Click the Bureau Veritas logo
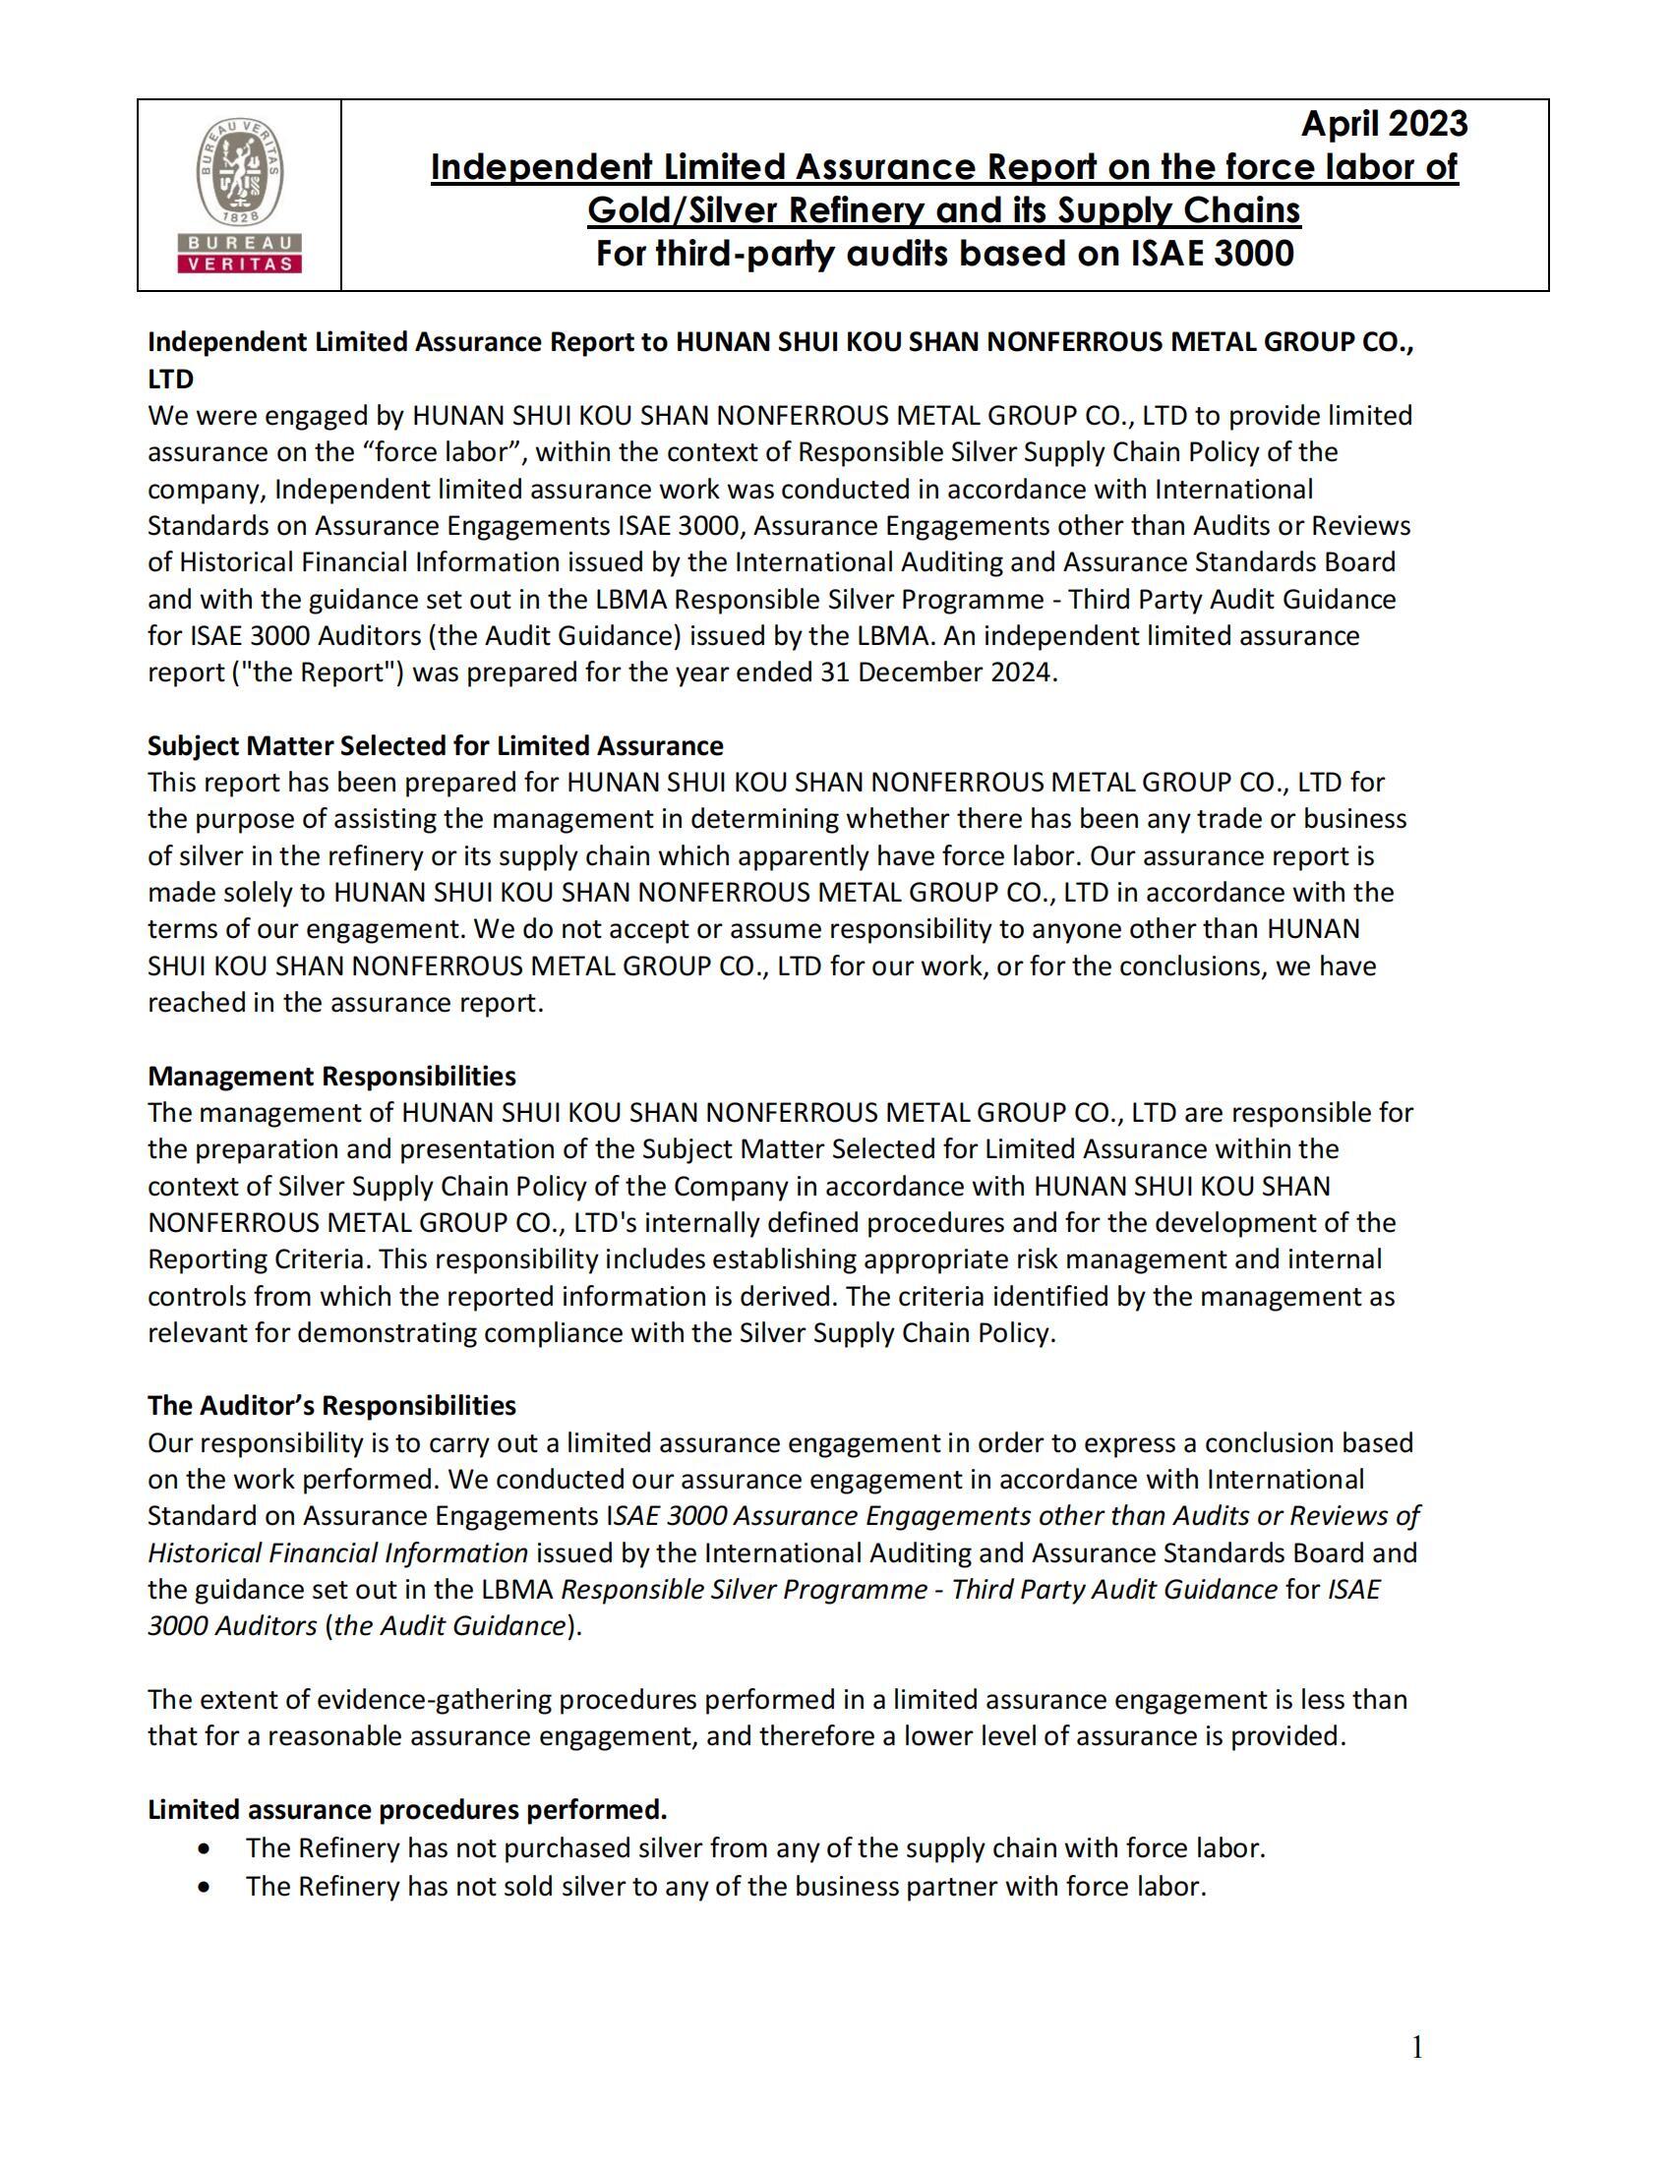239,195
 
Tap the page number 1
1417,2047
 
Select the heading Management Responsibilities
331,1076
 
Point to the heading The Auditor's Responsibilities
331,1405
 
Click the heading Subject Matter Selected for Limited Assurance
435,746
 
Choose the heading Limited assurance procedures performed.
407,1809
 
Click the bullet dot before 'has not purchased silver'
204,1848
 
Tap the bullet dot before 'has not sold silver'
204,1887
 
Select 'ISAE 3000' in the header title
1213,254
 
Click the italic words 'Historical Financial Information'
336,1552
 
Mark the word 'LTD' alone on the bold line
170,380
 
